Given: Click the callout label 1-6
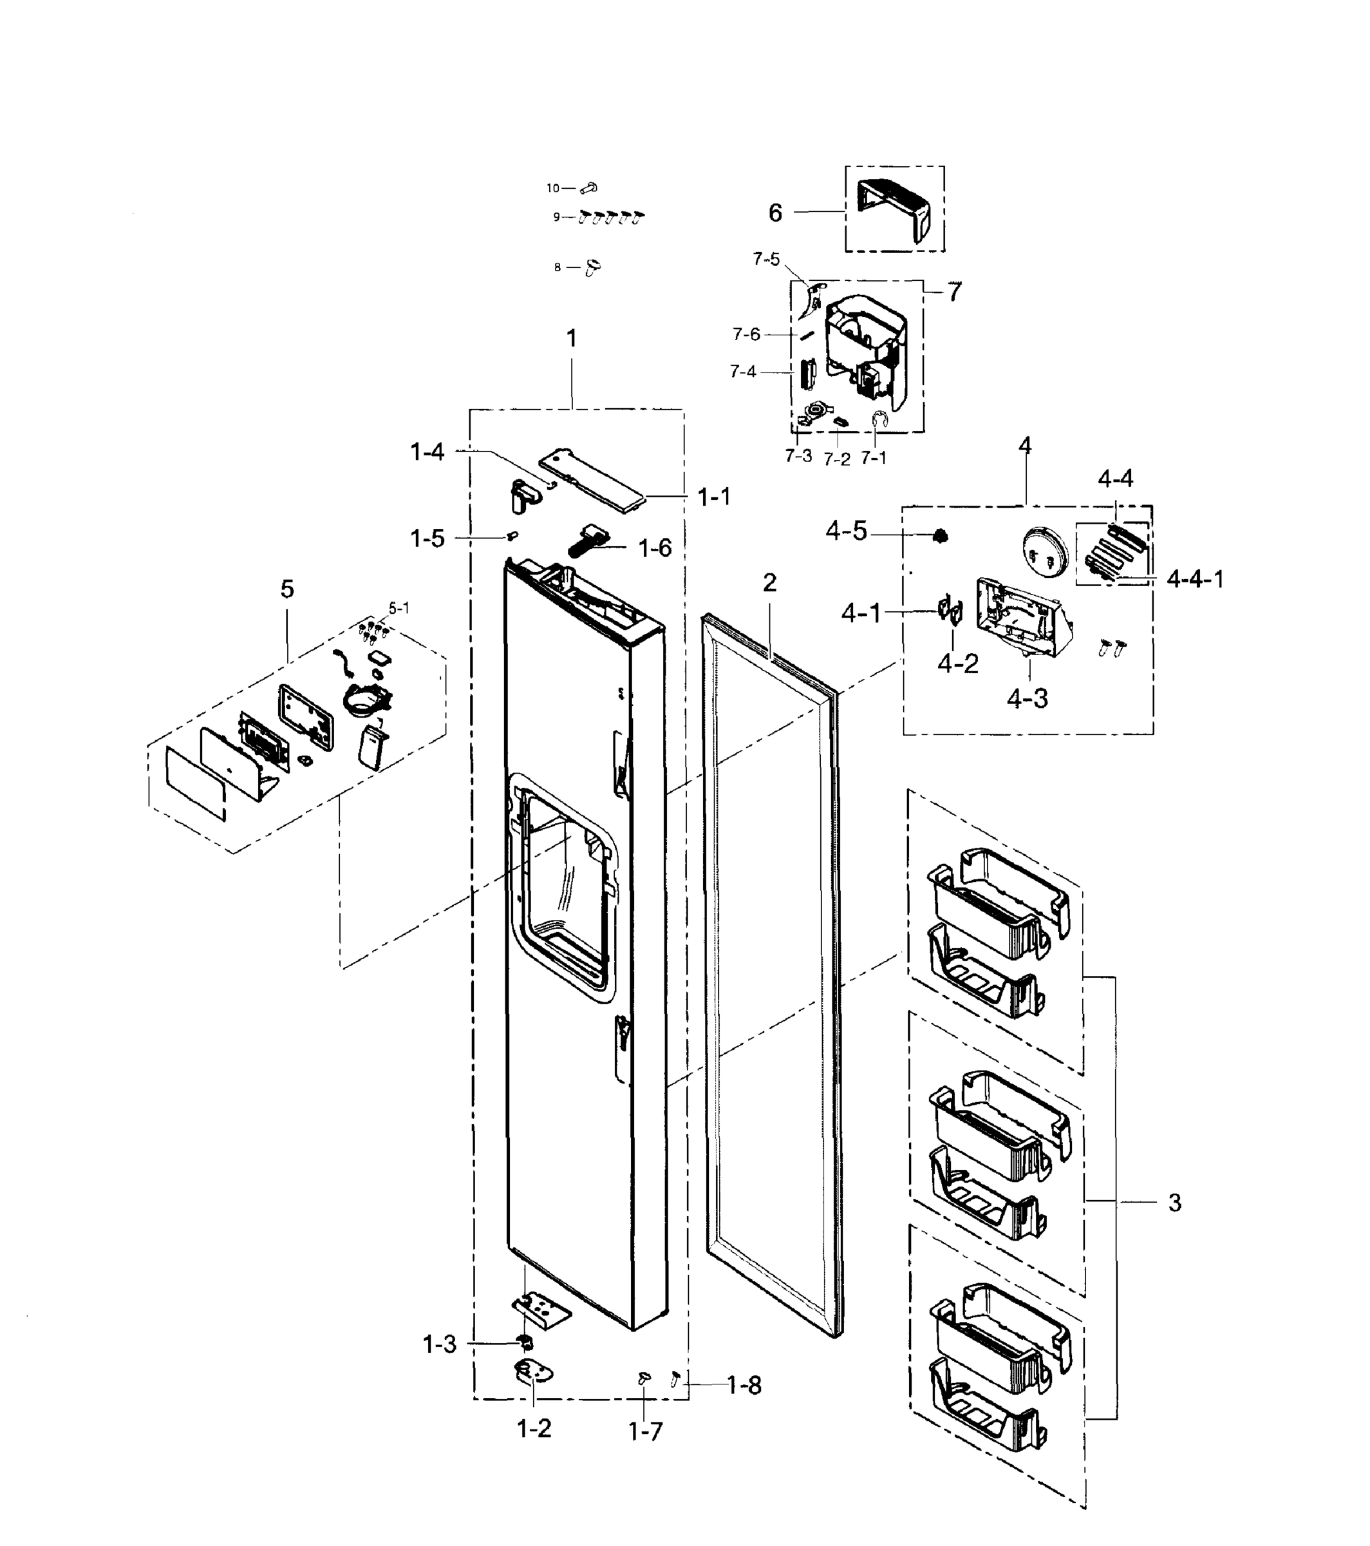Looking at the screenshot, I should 655,548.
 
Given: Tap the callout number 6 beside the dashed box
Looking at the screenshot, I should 775,213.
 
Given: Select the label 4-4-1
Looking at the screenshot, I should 1195,579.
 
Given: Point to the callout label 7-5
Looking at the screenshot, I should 766,260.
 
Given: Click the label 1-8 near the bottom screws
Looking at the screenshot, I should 744,1386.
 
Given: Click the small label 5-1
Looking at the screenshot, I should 399,608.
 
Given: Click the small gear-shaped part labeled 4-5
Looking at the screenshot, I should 940,536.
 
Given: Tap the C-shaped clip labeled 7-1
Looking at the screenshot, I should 879,421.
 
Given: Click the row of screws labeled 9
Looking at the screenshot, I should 611,218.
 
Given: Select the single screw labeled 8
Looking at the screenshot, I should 594,267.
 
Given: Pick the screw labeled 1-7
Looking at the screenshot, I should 645,1378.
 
